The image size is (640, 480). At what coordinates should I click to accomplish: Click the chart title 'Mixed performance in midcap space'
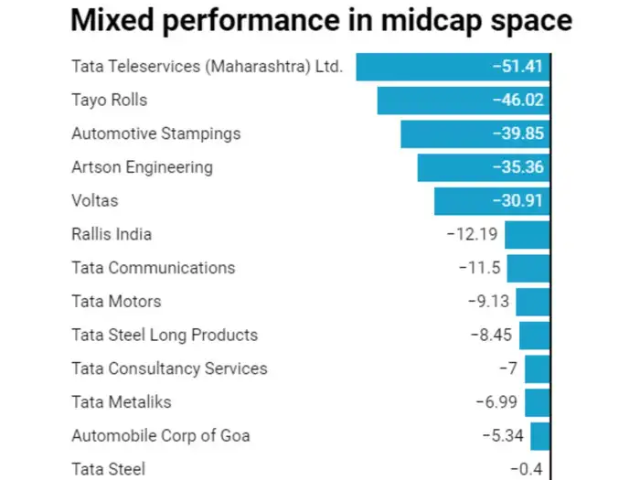pos(321,22)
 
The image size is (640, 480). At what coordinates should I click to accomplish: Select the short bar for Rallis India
pos(528,235)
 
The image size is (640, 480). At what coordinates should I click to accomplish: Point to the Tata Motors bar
pos(533,302)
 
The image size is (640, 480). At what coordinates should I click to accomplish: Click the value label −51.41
pos(516,67)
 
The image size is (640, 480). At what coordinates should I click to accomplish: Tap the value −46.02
pos(516,101)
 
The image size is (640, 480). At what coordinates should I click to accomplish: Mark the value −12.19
pos(472,235)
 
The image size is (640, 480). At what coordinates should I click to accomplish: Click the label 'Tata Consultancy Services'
pos(169,368)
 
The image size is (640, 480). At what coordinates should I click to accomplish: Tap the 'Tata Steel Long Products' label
pos(165,336)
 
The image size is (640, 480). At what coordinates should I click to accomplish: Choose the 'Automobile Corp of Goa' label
pos(161,435)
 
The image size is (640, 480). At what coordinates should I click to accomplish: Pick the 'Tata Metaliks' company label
pos(122,402)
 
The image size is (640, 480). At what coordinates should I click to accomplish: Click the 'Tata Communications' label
pos(153,268)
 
